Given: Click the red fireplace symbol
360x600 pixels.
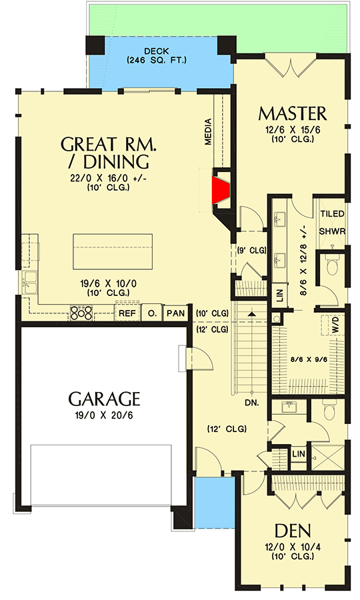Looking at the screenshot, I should (x=219, y=188).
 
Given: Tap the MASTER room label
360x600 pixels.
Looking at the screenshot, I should (x=292, y=113).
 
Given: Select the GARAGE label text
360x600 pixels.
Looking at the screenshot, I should (x=105, y=399).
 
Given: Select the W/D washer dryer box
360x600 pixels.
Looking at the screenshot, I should (x=335, y=325).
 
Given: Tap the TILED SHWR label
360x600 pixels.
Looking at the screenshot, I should (x=332, y=223).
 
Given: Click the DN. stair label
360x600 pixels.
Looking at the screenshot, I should (x=251, y=403).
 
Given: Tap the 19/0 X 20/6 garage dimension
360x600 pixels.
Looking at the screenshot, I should (x=105, y=416).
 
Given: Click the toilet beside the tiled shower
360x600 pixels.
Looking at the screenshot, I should (x=331, y=265).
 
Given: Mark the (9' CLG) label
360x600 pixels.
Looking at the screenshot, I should (x=251, y=251).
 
